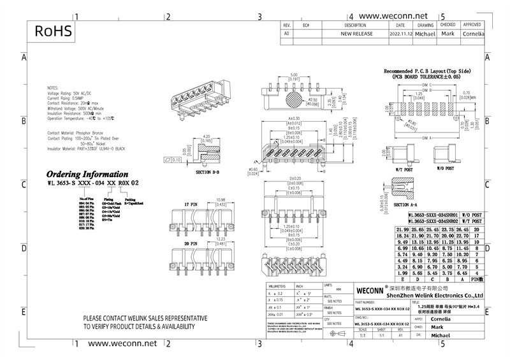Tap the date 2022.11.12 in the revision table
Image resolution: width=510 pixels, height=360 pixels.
click(x=400, y=33)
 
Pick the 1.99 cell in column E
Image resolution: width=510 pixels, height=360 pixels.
click(x=402, y=273)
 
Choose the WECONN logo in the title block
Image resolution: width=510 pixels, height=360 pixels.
click(x=368, y=288)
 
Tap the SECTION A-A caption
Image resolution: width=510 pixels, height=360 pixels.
click(x=410, y=205)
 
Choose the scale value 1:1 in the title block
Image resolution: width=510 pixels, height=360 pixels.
click(x=362, y=334)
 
